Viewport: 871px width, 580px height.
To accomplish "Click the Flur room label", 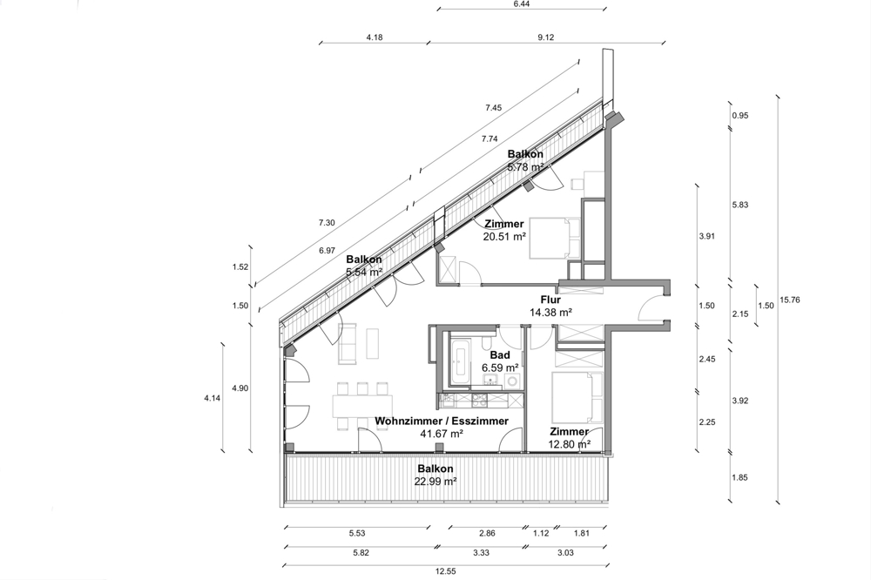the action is pos(550,300).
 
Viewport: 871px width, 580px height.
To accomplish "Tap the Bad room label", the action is pos(500,355).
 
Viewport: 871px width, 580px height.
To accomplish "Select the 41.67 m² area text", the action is pos(442,434).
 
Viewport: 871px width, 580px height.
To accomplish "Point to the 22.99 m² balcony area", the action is pos(435,482).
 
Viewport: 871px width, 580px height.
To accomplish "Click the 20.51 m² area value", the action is pos(504,236).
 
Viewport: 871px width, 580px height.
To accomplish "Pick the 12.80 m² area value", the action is pos(569,444).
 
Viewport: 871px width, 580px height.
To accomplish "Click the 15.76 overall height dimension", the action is pos(791,300).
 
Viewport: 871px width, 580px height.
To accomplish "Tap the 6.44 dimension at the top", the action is pos(521,4).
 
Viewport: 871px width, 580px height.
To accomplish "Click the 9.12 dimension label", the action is pos(546,37).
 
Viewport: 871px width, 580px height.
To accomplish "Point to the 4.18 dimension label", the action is pos(374,37).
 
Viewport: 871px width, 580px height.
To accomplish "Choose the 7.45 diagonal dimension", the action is pos(493,108).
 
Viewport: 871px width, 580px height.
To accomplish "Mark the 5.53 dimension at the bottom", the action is pos(357,533).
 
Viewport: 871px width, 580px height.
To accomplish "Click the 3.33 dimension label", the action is pos(481,553).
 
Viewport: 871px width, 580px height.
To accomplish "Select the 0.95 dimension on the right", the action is pos(740,116).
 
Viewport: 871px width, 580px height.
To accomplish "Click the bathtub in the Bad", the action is pos(460,360).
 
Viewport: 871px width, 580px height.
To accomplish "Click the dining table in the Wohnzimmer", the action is pos(363,406).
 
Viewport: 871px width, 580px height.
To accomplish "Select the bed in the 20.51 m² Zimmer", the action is pos(554,239).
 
